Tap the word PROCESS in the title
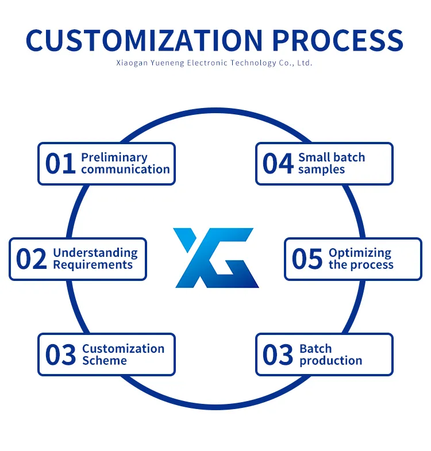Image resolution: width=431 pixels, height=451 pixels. pyautogui.click(x=337, y=40)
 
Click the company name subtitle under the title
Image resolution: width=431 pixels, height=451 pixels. pyautogui.click(x=214, y=63)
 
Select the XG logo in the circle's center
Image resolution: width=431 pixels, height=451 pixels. pyautogui.click(x=215, y=257)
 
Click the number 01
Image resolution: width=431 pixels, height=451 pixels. pyautogui.click(x=60, y=164)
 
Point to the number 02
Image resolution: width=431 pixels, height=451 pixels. pyautogui.click(x=31, y=260)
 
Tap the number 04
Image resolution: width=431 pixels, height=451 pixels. pyautogui.click(x=278, y=164)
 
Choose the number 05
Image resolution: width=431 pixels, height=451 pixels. pyautogui.click(x=307, y=260)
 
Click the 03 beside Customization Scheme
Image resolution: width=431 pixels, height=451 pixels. pyautogui.click(x=60, y=355)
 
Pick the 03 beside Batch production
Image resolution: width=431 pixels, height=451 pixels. pyautogui.click(x=278, y=355)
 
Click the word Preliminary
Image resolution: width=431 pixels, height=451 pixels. pyautogui.click(x=114, y=157)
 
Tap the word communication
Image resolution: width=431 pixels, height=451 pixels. pyautogui.click(x=125, y=169)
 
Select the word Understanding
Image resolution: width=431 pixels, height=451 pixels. pyautogui.click(x=95, y=253)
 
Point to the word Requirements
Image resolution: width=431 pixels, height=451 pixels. pyautogui.click(x=93, y=265)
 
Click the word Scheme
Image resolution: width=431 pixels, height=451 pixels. pyautogui.click(x=105, y=361)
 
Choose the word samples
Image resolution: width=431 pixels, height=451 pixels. pyautogui.click(x=321, y=169)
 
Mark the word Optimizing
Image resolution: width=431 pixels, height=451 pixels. pyautogui.click(x=360, y=253)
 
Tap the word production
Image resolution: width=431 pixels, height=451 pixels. pyautogui.click(x=331, y=361)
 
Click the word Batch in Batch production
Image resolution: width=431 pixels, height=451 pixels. pyautogui.click(x=315, y=349)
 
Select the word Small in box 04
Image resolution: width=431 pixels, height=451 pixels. pyautogui.click(x=314, y=157)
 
